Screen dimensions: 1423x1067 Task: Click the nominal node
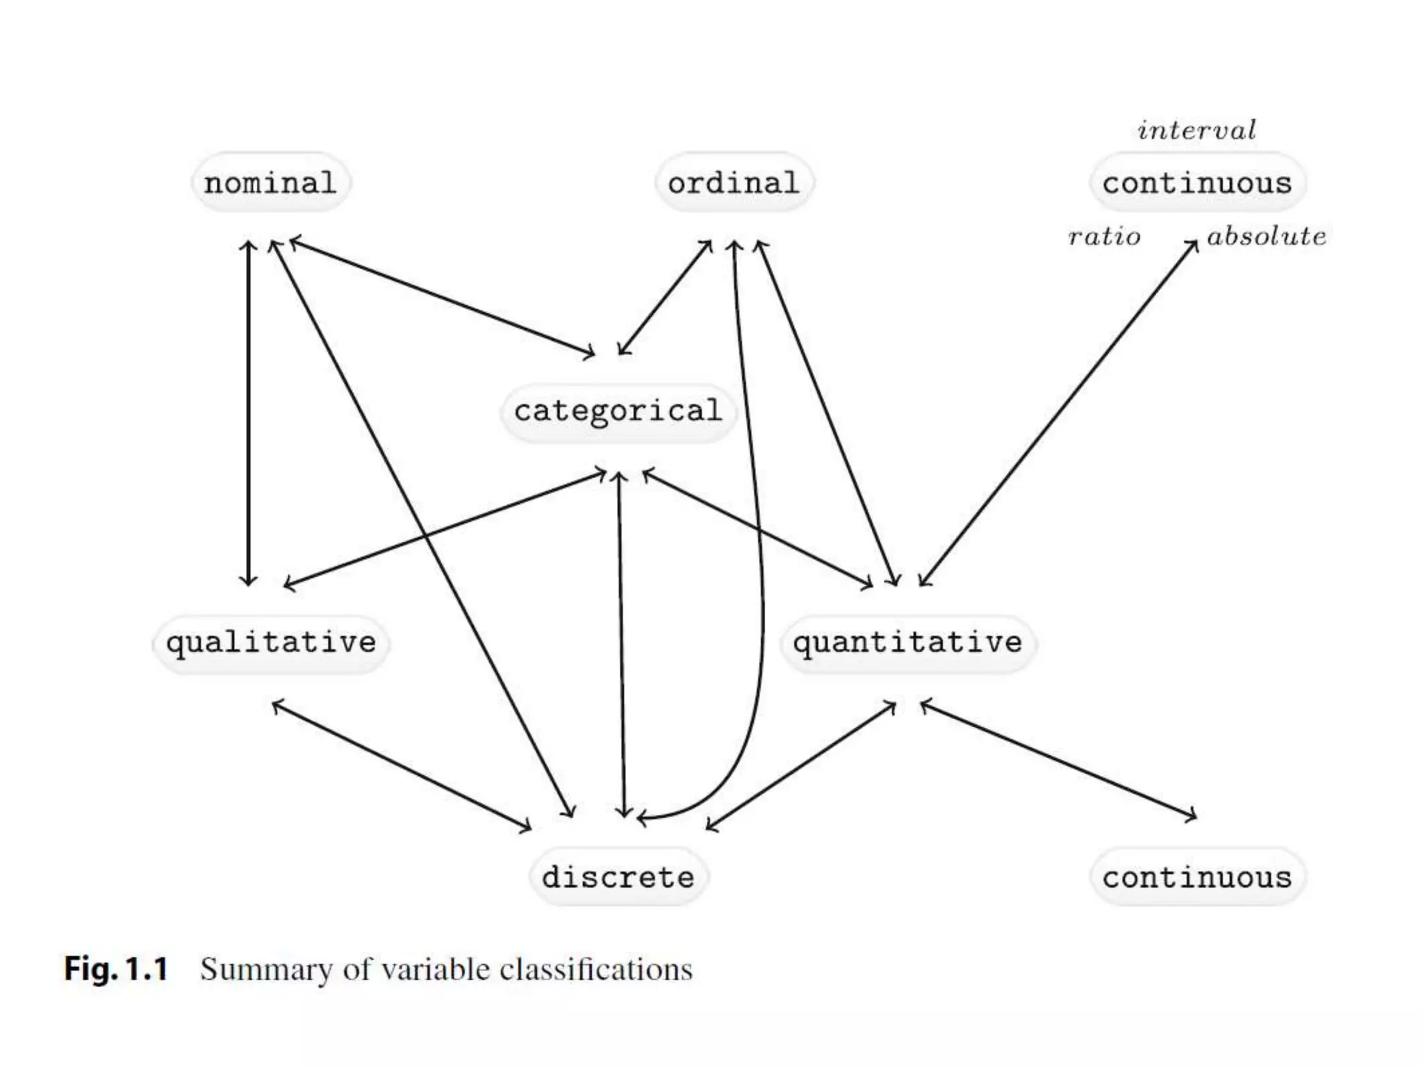pos(270,183)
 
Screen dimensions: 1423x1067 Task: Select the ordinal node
pos(734,183)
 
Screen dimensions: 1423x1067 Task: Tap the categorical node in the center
pos(618,411)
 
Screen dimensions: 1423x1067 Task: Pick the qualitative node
pos(271,643)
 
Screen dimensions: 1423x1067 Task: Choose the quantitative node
pos(907,643)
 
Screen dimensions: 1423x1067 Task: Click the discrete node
pos(618,877)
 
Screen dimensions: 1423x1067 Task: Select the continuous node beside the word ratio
pos(1196,183)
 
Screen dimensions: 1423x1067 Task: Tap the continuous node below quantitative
pos(1196,877)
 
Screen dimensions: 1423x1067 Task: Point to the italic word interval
pos(1196,131)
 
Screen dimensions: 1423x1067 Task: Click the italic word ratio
pos(1104,237)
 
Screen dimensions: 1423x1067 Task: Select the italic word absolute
pos(1266,237)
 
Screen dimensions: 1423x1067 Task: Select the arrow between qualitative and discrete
pos(401,765)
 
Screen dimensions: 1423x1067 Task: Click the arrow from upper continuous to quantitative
pos(1058,414)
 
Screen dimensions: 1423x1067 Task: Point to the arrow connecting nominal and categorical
pos(442,297)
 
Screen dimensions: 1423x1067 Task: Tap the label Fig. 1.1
pos(116,968)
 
